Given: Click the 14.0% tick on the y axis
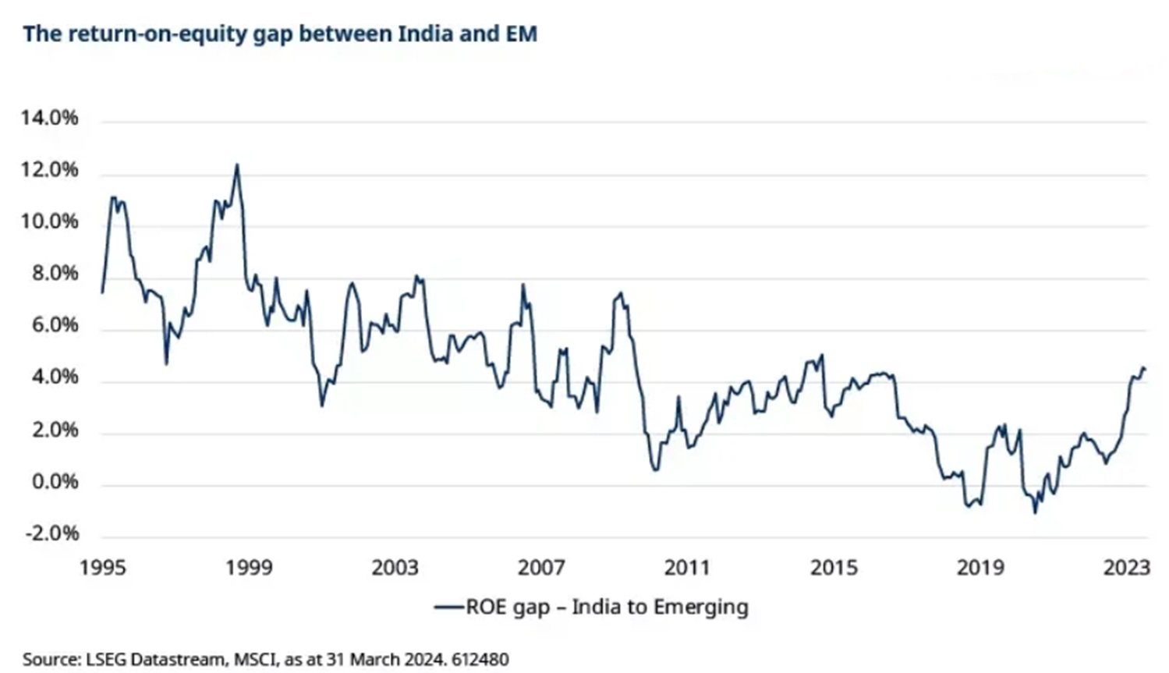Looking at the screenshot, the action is pyautogui.click(x=50, y=118).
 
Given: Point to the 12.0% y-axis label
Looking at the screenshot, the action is pyautogui.click(x=50, y=169).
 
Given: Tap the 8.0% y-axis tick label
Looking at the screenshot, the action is pyautogui.click(x=55, y=273).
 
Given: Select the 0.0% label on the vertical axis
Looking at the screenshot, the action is pyautogui.click(x=55, y=481).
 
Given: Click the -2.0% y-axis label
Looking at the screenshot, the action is pyautogui.click(x=52, y=533).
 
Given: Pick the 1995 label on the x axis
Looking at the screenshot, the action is pyautogui.click(x=103, y=567).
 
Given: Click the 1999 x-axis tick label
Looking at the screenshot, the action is pyautogui.click(x=249, y=567).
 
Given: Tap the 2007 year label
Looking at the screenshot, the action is pyautogui.click(x=541, y=567).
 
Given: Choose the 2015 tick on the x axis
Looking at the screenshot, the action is pyautogui.click(x=834, y=567).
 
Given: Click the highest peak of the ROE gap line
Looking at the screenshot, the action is pyautogui.click(x=237, y=165).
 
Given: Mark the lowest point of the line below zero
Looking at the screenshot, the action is pyautogui.click(x=1036, y=513).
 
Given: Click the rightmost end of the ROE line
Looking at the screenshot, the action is pyautogui.click(x=1145, y=370).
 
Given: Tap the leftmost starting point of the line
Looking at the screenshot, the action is pyautogui.click(x=101, y=292).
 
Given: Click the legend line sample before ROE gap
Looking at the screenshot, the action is pyautogui.click(x=449, y=607).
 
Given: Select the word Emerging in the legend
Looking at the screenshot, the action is pyautogui.click(x=701, y=607).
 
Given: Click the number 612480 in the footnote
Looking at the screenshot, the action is pyautogui.click(x=480, y=660).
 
